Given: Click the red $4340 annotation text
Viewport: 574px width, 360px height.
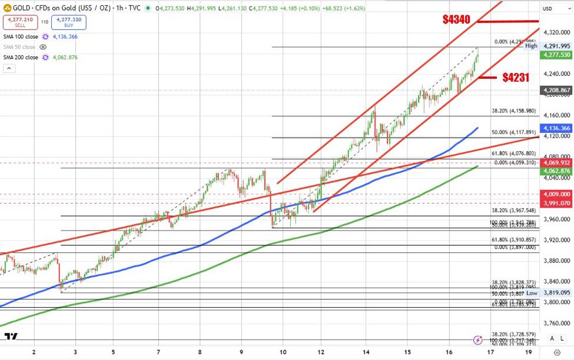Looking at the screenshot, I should pos(456,19).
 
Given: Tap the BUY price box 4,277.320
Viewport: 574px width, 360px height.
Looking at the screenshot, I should pos(68,22).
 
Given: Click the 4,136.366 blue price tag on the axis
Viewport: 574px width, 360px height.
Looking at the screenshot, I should pos(556,128).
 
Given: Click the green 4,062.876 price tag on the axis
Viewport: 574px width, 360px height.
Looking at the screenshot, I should pos(556,171).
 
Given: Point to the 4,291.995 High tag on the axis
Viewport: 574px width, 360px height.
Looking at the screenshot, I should pos(556,46).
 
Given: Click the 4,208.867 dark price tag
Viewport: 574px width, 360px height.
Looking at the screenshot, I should pos(556,91).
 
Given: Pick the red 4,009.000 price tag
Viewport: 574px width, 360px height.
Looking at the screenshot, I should pos(556,194).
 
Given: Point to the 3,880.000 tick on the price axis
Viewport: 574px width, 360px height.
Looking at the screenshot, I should pos(556,260).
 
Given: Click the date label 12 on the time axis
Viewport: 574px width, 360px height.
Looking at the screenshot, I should pos(321,352).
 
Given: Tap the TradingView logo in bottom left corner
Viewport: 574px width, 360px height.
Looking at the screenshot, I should pos(11,338).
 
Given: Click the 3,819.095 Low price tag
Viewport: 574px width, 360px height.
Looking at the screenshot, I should pos(556,292).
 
